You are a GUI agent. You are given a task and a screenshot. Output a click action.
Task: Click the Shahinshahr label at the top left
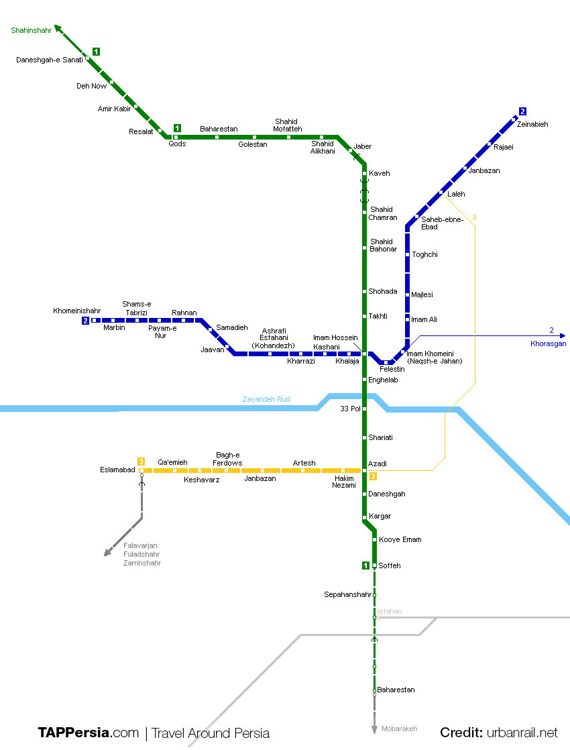pyautogui.click(x=31, y=31)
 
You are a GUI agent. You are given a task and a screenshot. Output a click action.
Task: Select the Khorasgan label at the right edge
pyautogui.click(x=548, y=343)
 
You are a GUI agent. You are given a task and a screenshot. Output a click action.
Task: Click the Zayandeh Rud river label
pyautogui.click(x=266, y=399)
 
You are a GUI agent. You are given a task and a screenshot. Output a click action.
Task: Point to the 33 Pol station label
pyautogui.click(x=350, y=409)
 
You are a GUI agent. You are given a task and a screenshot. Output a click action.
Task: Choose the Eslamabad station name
pyautogui.click(x=117, y=470)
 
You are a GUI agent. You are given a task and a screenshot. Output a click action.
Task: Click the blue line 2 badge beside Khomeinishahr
pyautogui.click(x=85, y=321)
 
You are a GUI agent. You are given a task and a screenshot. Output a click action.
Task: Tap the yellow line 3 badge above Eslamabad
pyautogui.click(x=141, y=461)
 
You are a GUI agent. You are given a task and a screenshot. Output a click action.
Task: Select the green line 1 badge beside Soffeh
pyautogui.click(x=365, y=566)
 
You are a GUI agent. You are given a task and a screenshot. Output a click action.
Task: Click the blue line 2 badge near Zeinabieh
pyautogui.click(x=522, y=111)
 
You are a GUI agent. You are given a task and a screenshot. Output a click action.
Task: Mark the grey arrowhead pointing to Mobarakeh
pyautogui.click(x=374, y=730)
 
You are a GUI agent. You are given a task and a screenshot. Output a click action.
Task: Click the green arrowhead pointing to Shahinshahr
pyautogui.click(x=58, y=28)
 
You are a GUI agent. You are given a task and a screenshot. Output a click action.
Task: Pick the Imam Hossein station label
pyautogui.click(x=335, y=337)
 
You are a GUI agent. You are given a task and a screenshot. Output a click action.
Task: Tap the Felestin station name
pyautogui.click(x=392, y=370)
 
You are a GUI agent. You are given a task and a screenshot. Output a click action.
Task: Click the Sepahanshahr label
pyautogui.click(x=347, y=594)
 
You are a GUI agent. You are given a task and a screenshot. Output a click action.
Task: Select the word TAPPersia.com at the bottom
pyautogui.click(x=88, y=733)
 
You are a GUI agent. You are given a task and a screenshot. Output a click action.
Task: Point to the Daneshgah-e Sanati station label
pyautogui.click(x=49, y=60)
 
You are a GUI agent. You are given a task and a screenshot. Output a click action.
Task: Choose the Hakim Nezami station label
pyautogui.click(x=344, y=482)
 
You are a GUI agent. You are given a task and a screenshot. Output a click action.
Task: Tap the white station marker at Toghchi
pyautogui.click(x=407, y=255)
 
